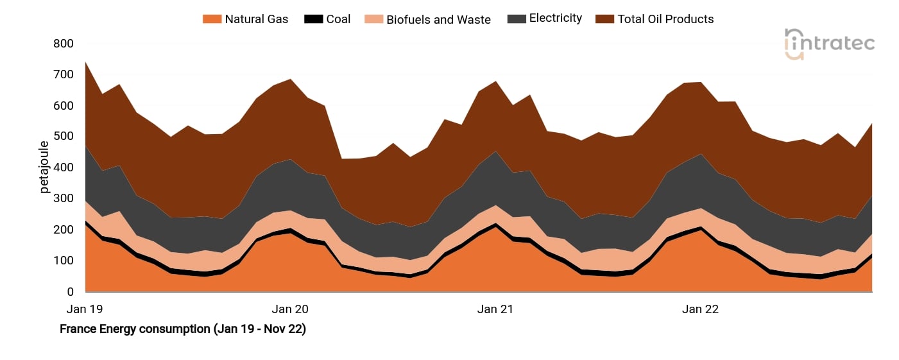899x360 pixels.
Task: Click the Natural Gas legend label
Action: point(256,19)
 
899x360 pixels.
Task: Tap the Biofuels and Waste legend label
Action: point(438,19)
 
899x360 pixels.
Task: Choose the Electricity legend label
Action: point(555,19)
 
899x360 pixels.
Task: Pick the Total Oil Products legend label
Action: point(665,19)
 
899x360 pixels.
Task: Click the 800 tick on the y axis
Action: point(64,44)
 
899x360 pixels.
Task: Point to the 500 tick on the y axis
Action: point(64,137)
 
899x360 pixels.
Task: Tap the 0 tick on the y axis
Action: point(70,292)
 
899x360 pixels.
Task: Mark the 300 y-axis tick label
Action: point(64,199)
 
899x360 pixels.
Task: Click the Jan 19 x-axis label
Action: point(85,309)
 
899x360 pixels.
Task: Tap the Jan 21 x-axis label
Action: point(495,309)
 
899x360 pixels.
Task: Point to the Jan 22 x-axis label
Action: point(700,309)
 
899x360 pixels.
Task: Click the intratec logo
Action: point(829,44)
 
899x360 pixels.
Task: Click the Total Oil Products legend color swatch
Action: point(603,19)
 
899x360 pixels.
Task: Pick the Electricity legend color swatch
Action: point(515,19)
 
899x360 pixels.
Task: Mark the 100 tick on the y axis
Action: point(64,261)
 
